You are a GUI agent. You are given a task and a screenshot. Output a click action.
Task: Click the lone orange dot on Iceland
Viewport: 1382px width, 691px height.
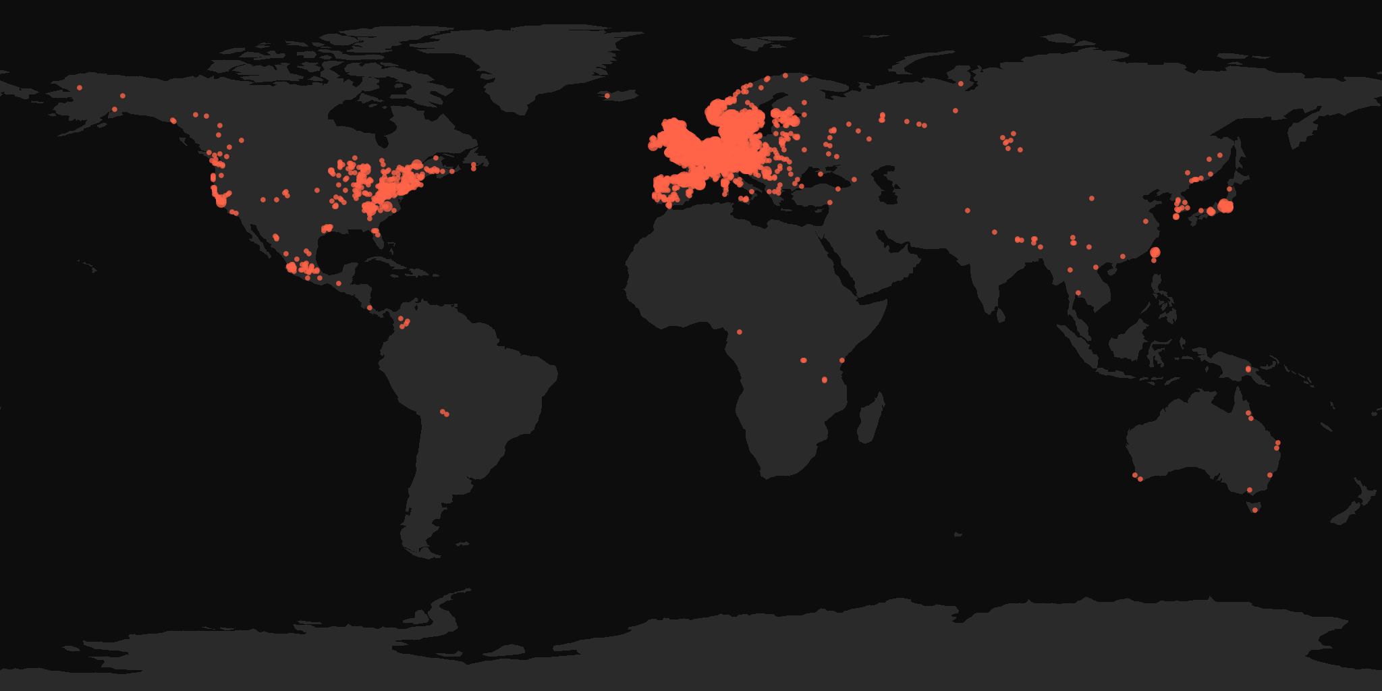[x=607, y=96]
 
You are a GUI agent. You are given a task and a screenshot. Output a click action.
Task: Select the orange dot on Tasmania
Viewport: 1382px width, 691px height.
[x=1255, y=510]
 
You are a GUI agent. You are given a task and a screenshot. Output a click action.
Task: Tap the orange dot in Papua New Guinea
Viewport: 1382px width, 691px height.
[x=1248, y=369]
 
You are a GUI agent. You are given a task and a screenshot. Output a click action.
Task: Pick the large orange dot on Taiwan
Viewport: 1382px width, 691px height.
[x=1155, y=252]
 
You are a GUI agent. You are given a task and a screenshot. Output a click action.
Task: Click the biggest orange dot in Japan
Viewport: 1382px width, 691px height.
[x=1226, y=206]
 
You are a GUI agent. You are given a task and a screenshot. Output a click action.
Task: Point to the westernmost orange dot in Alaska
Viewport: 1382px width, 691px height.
[x=80, y=88]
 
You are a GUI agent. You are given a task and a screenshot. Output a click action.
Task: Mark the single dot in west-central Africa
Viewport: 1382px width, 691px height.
[x=740, y=332]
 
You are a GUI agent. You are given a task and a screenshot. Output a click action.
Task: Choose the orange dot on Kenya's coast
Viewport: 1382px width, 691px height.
[x=842, y=360]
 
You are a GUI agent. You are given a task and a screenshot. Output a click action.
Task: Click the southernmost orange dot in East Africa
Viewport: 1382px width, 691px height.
[x=825, y=380]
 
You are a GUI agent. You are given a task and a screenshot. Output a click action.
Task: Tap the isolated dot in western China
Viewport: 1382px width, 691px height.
[x=968, y=211]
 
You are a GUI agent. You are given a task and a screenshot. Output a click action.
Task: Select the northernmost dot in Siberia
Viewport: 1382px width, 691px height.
[x=960, y=84]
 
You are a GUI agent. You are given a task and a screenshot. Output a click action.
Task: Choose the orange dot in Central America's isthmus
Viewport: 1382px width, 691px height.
[x=369, y=308]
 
